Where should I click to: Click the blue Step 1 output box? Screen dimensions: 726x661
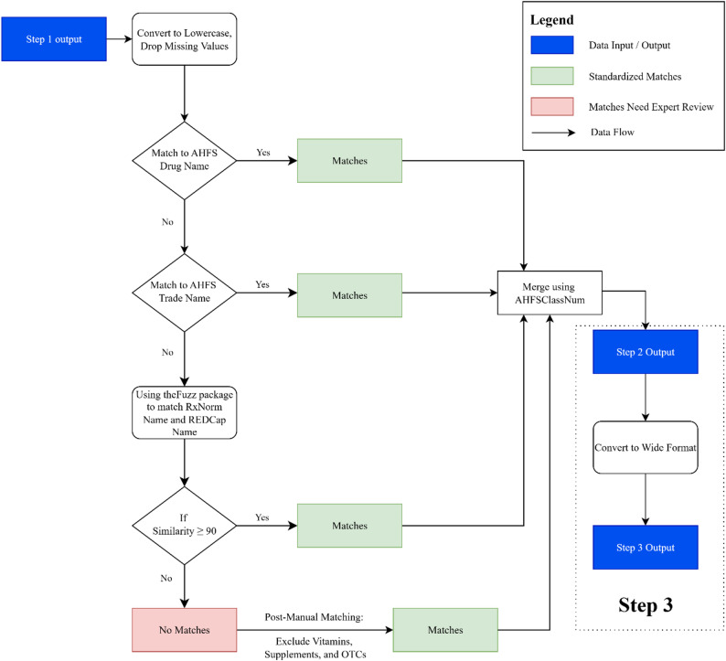54,39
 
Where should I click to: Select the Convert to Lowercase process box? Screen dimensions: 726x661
185,39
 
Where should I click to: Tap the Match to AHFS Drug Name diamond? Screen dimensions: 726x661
185,161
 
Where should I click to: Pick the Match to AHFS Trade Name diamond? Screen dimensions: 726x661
185,293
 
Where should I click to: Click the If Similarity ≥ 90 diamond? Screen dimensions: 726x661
185,526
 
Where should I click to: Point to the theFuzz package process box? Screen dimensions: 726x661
185,413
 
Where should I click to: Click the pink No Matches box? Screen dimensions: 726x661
185,630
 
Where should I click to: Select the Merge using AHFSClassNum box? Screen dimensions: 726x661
550,293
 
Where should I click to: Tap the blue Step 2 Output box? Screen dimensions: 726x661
646,352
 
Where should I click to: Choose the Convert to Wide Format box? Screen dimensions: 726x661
646,447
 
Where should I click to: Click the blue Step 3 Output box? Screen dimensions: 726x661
646,547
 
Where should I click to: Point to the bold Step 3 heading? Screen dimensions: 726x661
646,605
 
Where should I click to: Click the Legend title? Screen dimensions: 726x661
552,20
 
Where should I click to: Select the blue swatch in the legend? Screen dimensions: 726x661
552,45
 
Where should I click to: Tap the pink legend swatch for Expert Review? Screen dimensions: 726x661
552,106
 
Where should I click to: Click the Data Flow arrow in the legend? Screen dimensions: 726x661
553,133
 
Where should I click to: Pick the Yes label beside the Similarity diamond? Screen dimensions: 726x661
262,517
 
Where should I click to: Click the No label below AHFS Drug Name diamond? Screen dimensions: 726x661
167,222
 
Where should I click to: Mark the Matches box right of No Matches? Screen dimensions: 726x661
445,630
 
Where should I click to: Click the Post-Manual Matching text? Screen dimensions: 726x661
314,617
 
